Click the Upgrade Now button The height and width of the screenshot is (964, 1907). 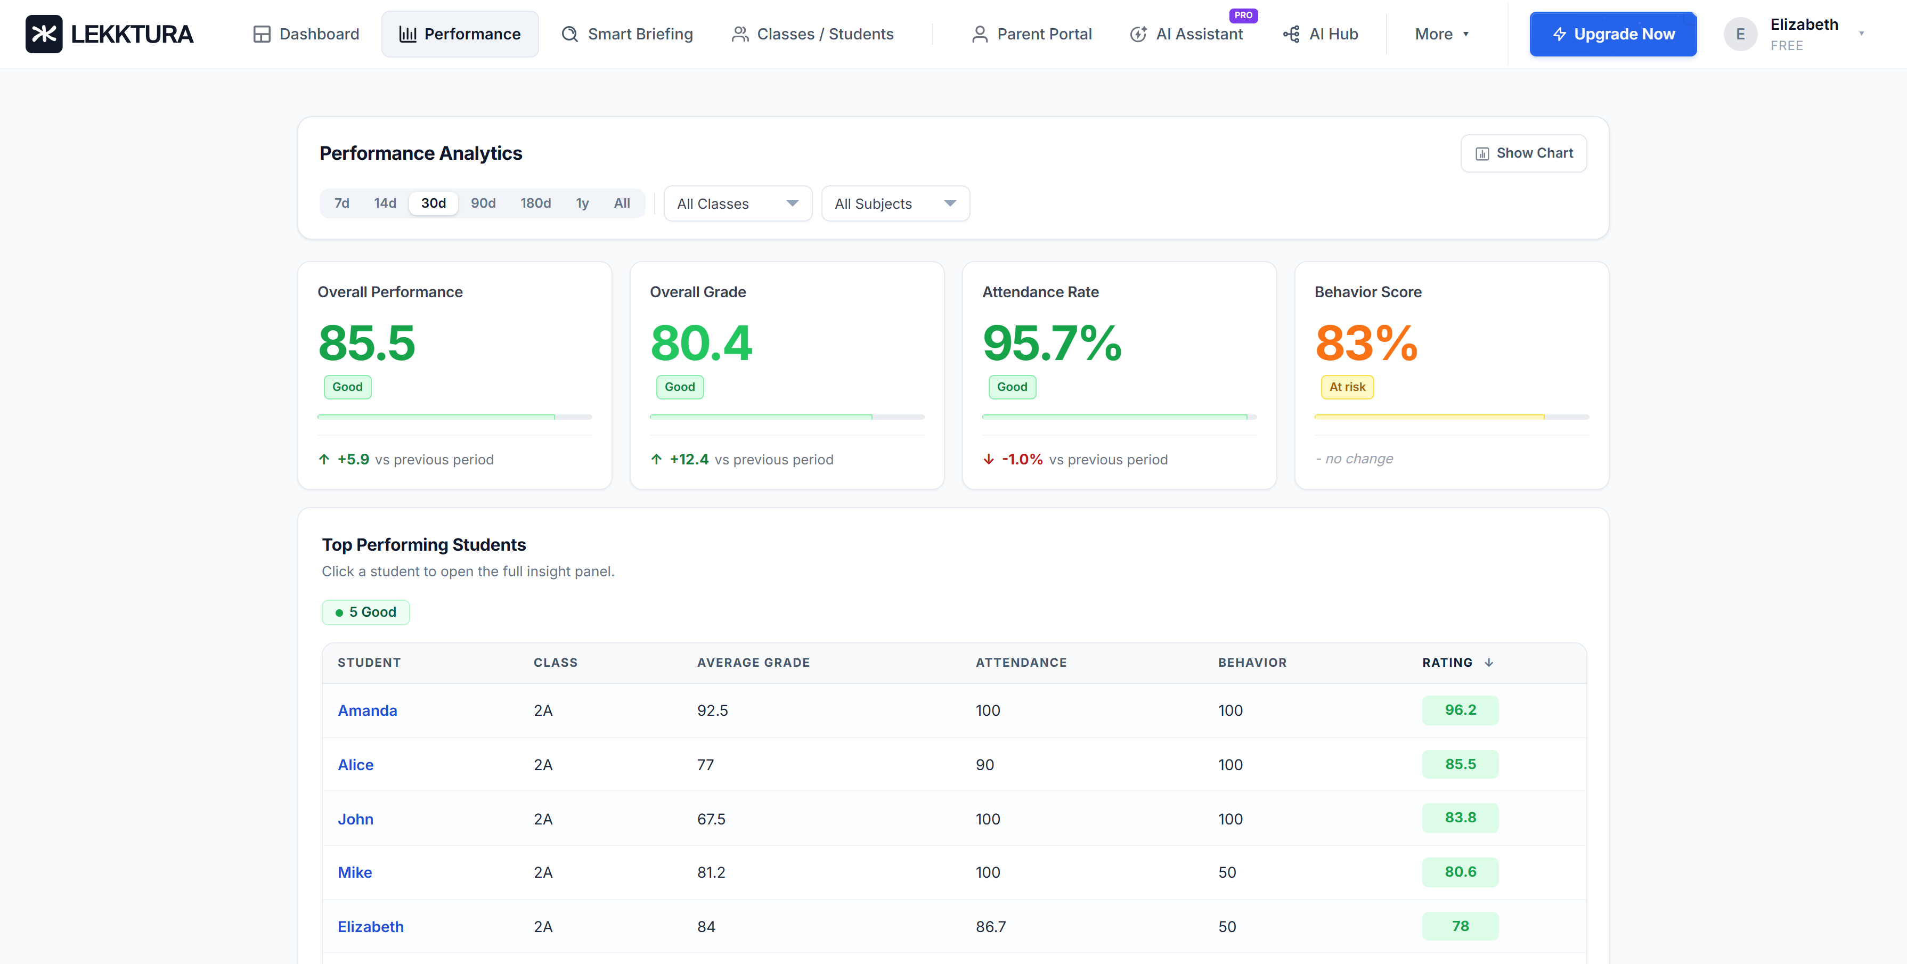pos(1612,34)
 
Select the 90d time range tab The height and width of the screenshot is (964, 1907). pos(483,203)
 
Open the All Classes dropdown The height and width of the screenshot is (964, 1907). pos(737,203)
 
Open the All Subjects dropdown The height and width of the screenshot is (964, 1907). pos(894,203)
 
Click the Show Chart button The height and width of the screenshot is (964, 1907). pos(1523,153)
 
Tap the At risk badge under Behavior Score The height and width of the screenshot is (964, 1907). pos(1347,387)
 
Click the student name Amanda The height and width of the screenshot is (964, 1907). pos(367,710)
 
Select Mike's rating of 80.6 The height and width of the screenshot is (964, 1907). pos(1459,871)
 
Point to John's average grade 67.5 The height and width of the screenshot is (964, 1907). pos(711,819)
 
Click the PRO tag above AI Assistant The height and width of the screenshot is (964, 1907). pos(1243,15)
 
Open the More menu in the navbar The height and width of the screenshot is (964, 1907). pos(1440,34)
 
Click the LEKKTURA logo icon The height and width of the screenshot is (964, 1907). pos(44,34)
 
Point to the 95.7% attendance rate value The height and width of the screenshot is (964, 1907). pos(1051,344)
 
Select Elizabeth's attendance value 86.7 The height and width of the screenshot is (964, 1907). pos(990,926)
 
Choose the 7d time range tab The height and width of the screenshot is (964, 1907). pos(341,203)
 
